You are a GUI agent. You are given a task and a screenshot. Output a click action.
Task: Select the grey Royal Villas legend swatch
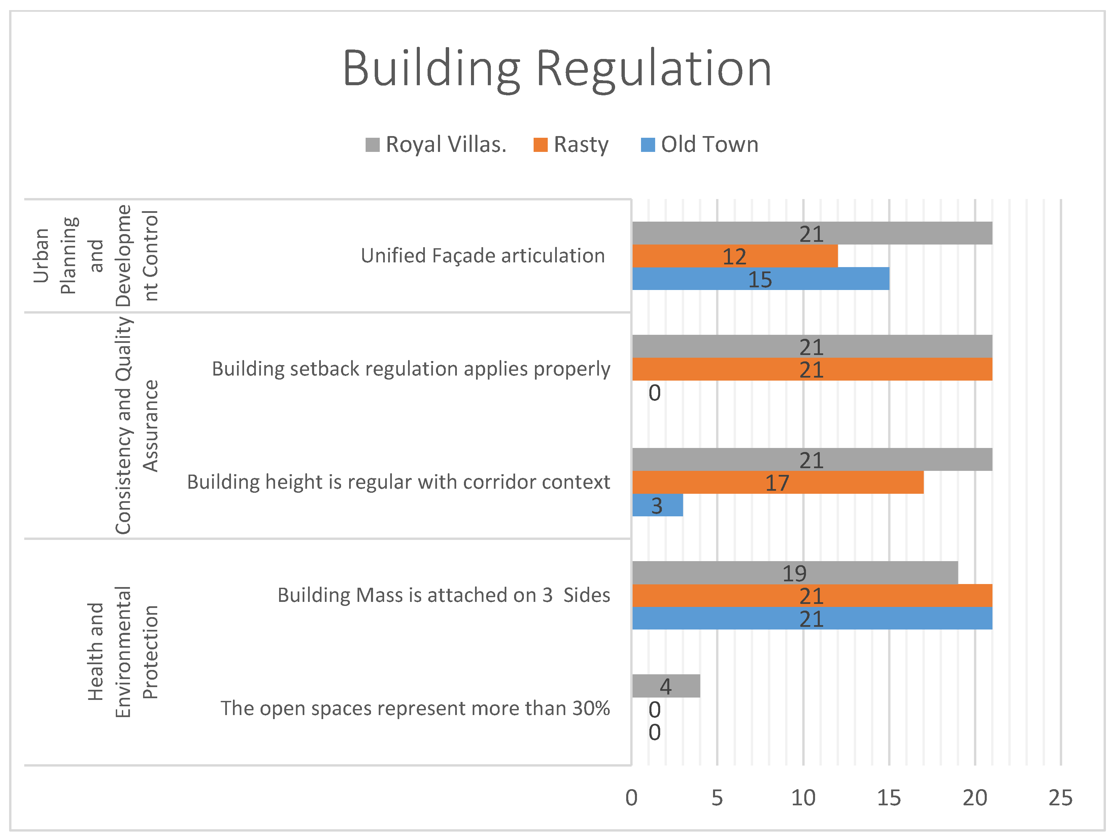tap(372, 145)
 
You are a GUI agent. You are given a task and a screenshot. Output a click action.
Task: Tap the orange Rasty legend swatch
tap(540, 145)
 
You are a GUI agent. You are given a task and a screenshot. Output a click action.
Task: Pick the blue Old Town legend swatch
tap(648, 145)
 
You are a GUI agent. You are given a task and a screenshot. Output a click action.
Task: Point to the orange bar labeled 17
tap(777, 482)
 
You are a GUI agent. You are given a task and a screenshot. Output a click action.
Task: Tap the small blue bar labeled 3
tap(657, 505)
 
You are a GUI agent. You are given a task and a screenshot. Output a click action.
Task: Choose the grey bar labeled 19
tap(795, 573)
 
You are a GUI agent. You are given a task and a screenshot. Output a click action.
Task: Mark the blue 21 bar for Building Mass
tap(812, 618)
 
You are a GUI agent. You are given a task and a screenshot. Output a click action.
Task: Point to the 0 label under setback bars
tap(654, 393)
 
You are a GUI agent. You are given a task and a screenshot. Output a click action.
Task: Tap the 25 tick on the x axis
tap(1060, 798)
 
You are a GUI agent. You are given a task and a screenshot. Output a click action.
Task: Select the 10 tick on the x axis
tap(803, 798)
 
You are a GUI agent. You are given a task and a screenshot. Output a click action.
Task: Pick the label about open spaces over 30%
tap(415, 708)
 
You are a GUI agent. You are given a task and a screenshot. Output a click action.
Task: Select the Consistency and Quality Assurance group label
tap(136, 426)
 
